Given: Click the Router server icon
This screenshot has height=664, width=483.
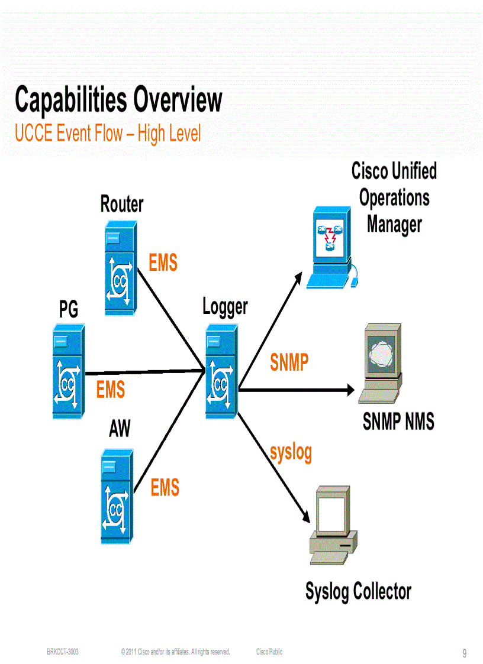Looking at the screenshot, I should click(x=121, y=268).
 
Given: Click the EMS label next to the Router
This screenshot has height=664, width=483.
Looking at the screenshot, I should click(x=163, y=263).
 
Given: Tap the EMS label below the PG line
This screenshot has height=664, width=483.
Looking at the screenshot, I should click(x=111, y=390).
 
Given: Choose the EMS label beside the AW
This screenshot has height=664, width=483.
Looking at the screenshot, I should click(x=165, y=488).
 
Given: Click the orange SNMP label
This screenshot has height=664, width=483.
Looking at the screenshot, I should click(x=289, y=362).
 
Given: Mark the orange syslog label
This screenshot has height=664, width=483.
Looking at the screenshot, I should click(x=291, y=452).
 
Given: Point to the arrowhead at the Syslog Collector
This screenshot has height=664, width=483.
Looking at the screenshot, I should click(x=306, y=516).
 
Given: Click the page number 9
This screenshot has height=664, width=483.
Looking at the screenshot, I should click(x=465, y=653).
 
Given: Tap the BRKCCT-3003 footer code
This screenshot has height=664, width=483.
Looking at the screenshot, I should click(x=63, y=652).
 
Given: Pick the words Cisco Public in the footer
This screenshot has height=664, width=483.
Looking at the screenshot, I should click(x=269, y=652).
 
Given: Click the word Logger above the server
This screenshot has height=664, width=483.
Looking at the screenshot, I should click(x=225, y=307).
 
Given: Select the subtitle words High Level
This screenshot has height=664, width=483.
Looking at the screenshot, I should click(x=169, y=134).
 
